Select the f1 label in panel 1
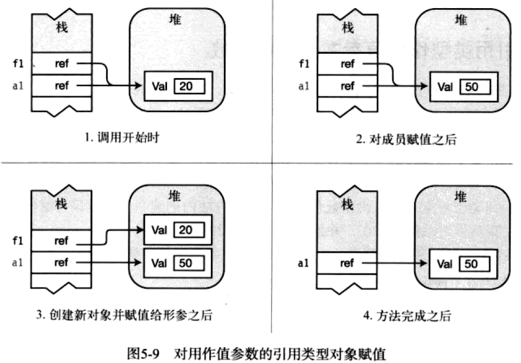(x=18, y=64)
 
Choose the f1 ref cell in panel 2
(x=348, y=64)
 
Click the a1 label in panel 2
(x=304, y=86)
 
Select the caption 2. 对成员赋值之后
(x=406, y=139)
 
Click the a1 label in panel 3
(x=18, y=263)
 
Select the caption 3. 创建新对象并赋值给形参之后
(x=124, y=315)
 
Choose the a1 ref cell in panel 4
(x=348, y=264)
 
